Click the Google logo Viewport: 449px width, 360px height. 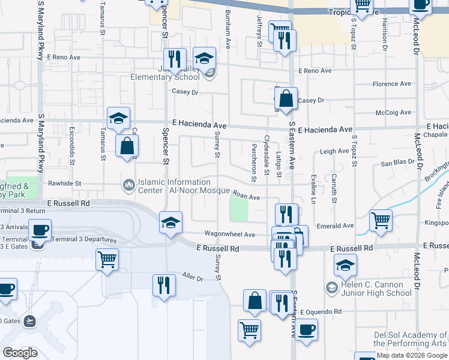coord(20,353)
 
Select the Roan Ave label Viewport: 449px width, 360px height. coord(246,196)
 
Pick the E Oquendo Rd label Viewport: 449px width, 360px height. coord(321,312)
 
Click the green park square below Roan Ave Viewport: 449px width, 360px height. coord(240,209)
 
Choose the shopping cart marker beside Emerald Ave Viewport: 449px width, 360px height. coord(381,221)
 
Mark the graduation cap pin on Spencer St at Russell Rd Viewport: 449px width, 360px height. coord(170,222)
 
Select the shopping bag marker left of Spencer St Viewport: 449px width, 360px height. coord(127,145)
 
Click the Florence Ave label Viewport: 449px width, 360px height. coord(392,84)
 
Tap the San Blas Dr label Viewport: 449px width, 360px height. coord(399,164)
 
